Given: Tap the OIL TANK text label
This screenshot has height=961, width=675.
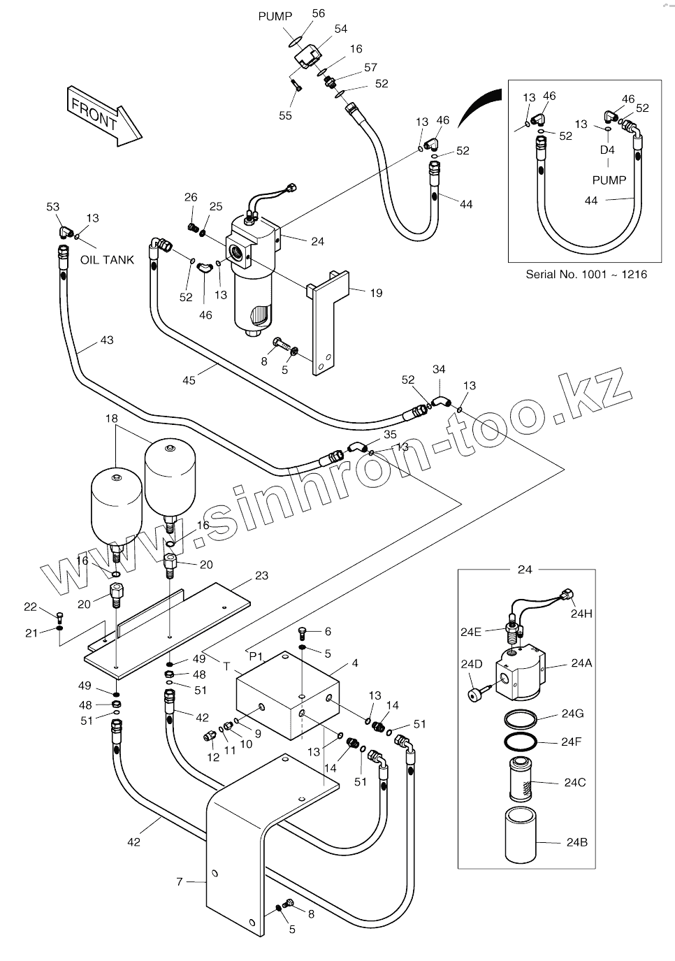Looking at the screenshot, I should [107, 260].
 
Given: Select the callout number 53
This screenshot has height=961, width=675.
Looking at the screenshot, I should [53, 207].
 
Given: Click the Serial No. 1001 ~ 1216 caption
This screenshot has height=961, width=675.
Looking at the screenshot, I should [586, 274].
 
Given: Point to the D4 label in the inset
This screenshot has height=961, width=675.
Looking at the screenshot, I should [607, 150].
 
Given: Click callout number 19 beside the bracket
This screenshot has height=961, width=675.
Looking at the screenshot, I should [376, 294].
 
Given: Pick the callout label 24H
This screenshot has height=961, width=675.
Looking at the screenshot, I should [581, 614].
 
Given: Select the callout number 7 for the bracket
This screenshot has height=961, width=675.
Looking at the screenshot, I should [180, 882].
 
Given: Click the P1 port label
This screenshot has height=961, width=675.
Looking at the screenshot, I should [256, 656].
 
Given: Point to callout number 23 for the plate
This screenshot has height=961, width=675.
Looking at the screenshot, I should [261, 577].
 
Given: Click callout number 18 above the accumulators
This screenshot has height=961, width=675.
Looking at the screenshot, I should [112, 419].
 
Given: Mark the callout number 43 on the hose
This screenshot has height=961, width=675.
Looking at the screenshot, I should [106, 340].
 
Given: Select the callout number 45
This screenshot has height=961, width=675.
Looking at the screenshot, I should [189, 380].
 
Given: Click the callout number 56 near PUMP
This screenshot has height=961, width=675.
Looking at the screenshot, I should [319, 13].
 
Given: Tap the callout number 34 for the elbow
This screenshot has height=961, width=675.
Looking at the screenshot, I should [439, 369].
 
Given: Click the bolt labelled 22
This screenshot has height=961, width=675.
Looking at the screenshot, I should [59, 616].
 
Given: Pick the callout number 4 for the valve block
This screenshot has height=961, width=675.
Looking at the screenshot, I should [354, 663].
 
